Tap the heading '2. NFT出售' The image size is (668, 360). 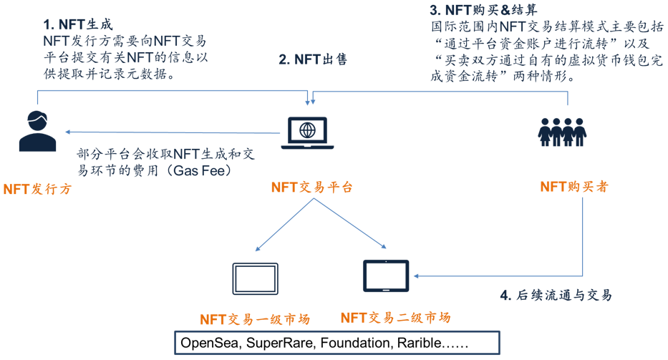point(313,60)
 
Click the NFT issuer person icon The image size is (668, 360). point(37,131)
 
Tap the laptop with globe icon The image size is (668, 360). point(307,132)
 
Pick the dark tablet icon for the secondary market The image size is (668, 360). point(386,276)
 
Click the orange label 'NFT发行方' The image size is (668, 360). point(37,190)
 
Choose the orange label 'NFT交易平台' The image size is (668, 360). point(312,188)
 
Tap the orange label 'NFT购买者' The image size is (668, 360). point(574,187)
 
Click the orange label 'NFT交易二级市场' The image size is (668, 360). point(395,317)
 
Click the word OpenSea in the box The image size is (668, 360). point(209,343)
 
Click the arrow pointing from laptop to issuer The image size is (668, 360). point(172,132)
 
